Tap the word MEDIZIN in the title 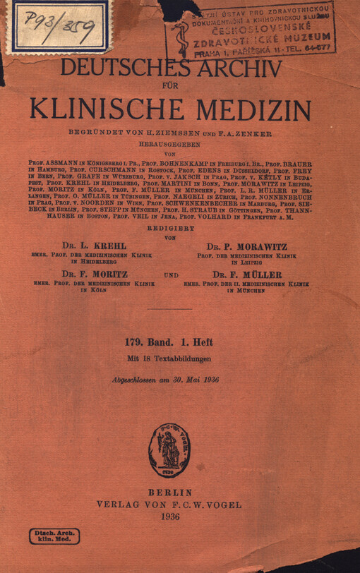[x=247, y=111]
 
